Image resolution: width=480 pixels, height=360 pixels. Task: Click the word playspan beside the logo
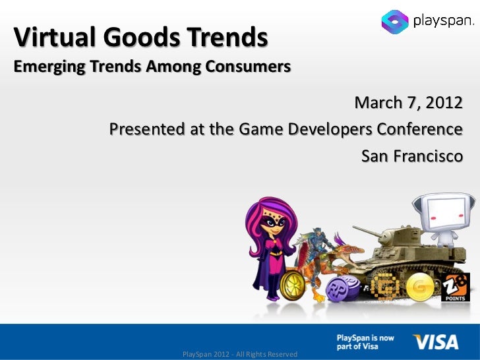coord(442,22)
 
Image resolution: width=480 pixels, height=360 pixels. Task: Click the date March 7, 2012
coord(408,104)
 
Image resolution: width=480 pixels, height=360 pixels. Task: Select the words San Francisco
coord(411,156)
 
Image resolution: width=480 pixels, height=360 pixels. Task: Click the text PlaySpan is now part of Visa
coord(366,342)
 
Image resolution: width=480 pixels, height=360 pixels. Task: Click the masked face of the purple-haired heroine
coord(272,227)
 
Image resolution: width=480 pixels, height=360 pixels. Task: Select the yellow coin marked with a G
coord(417,288)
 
